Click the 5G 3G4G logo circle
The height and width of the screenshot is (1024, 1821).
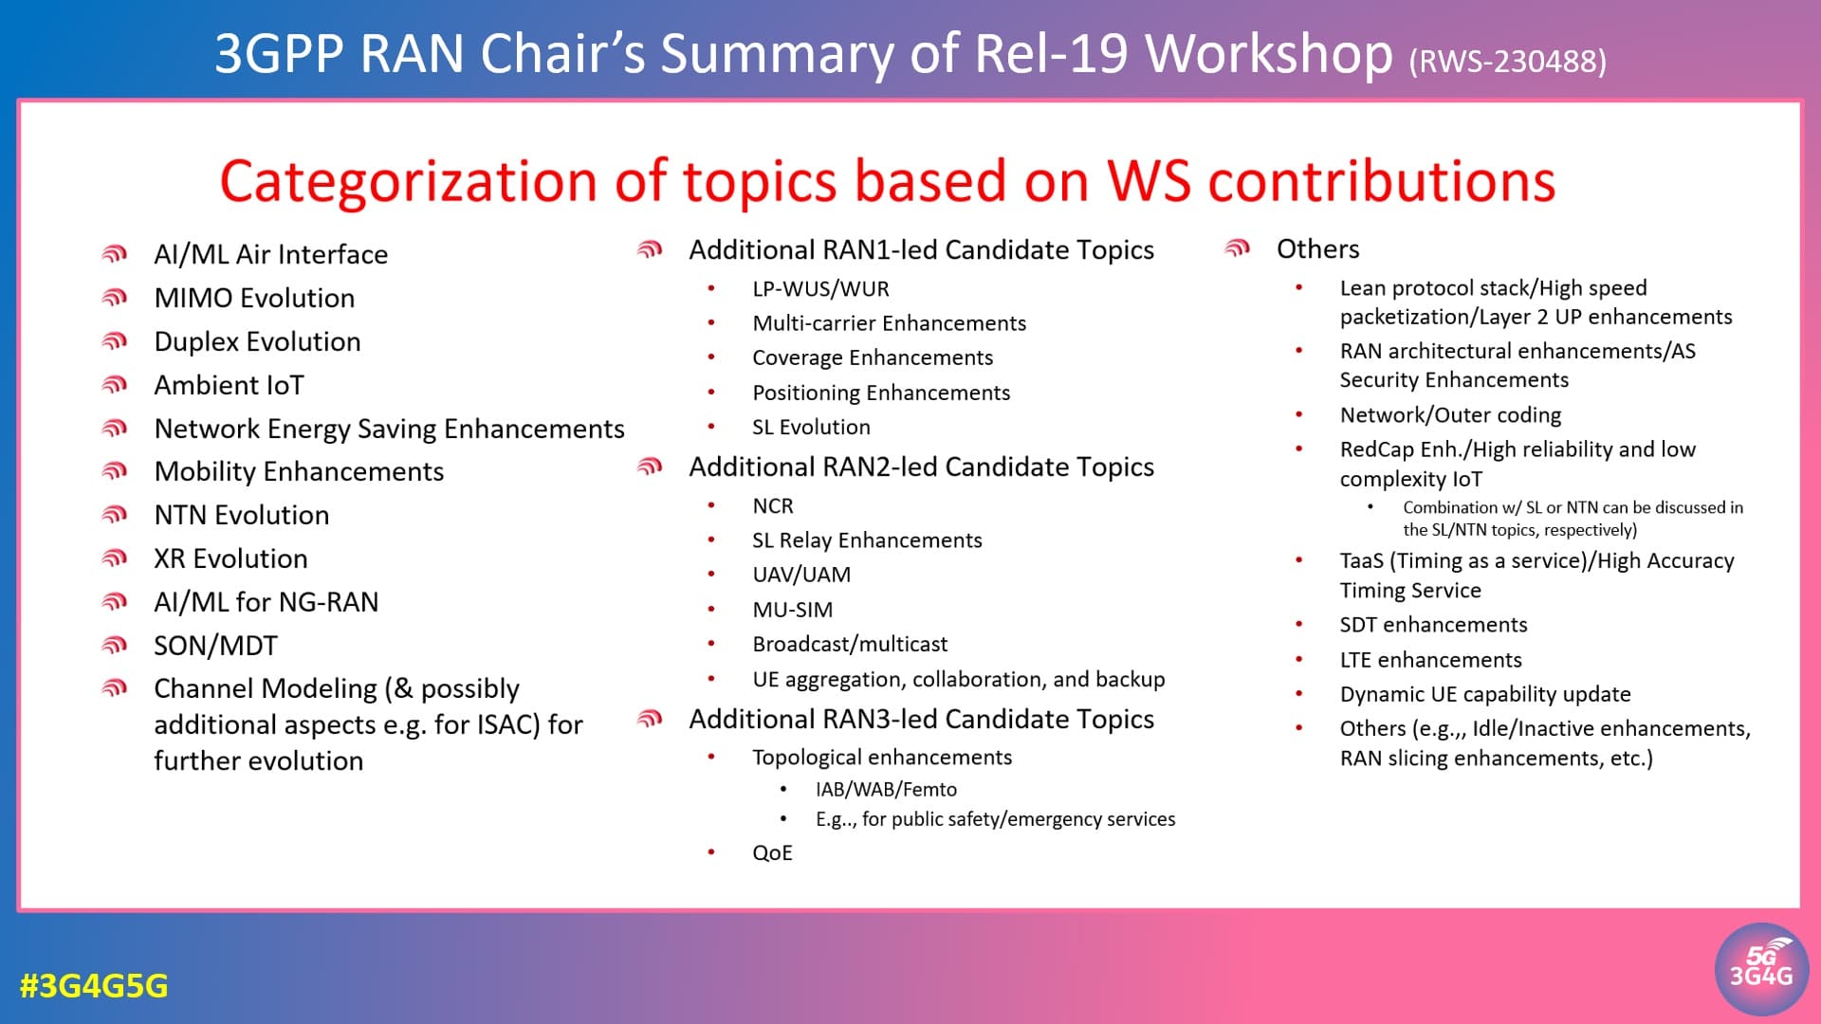(1762, 969)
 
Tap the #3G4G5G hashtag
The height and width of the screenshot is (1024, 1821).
(94, 986)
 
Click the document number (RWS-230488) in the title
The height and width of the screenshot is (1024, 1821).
(1507, 62)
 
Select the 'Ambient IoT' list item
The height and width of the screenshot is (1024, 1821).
(229, 385)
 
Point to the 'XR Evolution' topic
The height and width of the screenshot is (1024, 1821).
(230, 558)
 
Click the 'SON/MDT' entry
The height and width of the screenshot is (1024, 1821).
(215, 646)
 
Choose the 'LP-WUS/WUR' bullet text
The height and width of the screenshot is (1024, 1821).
(820, 288)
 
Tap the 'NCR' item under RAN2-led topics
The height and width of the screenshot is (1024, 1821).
(772, 505)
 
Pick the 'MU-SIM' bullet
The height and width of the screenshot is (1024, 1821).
(792, 610)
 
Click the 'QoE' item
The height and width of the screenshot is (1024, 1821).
(772, 852)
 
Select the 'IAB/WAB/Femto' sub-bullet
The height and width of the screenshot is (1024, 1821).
(886, 789)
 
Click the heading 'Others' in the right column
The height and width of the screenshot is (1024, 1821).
(1317, 248)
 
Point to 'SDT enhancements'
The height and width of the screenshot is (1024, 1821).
(1433, 625)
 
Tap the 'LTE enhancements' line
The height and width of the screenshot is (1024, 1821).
(1430, 660)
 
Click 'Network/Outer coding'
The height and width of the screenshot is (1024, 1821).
(1450, 415)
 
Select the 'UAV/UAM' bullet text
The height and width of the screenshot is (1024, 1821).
(801, 575)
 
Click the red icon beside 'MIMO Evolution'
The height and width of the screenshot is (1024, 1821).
(114, 298)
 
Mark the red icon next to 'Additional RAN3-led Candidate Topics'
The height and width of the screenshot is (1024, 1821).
(650, 719)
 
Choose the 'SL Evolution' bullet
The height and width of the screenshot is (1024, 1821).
(811, 428)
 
